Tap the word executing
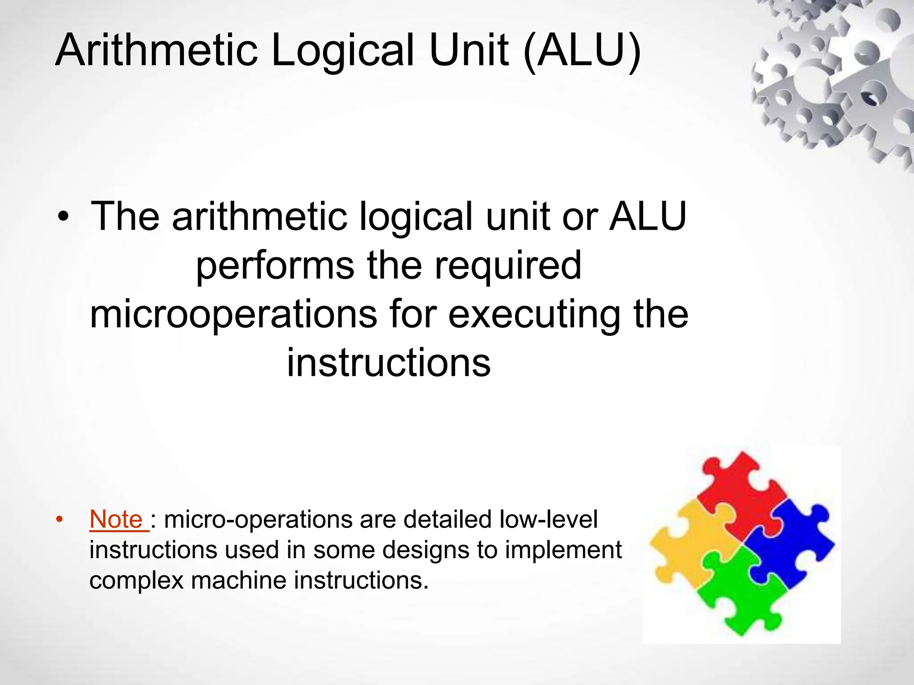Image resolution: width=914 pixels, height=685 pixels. click(x=534, y=314)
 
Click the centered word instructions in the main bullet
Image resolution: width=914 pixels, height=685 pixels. click(x=388, y=363)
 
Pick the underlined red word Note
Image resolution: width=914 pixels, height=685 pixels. click(x=116, y=520)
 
